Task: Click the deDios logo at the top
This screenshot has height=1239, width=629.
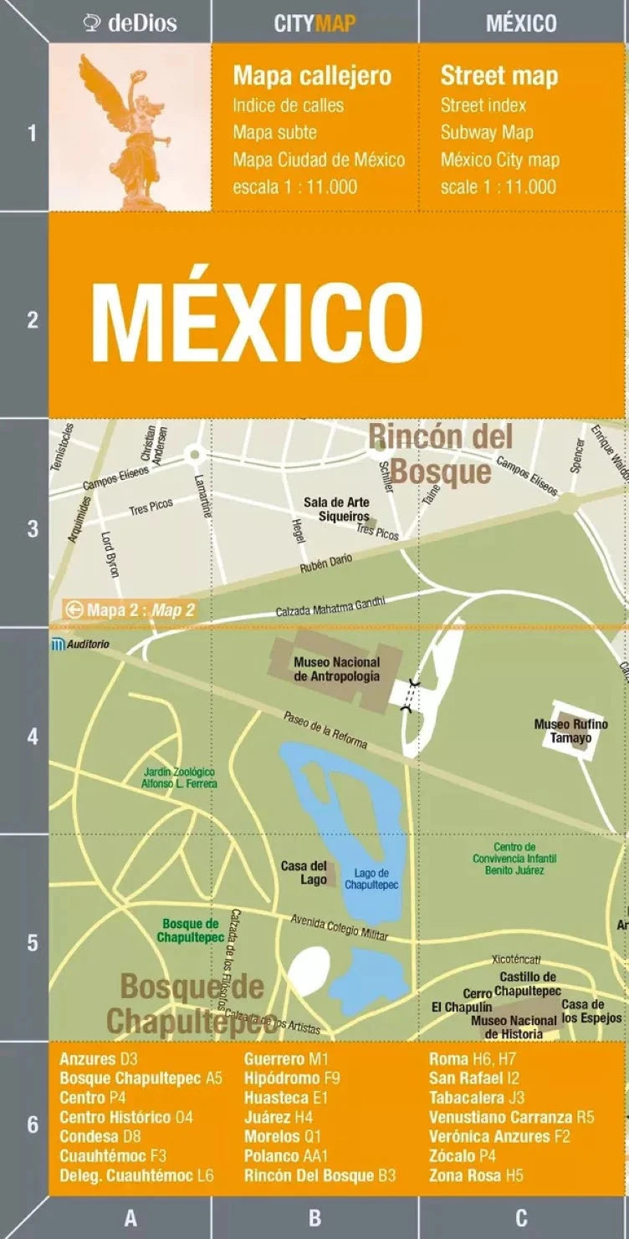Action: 130,23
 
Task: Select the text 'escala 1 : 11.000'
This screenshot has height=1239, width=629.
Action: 294,186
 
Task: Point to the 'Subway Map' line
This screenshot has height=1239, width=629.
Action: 487,132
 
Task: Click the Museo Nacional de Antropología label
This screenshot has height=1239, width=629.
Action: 336,669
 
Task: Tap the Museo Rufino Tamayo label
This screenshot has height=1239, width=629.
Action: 570,731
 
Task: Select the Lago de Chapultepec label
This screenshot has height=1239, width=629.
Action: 371,879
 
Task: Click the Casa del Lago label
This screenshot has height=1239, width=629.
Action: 304,872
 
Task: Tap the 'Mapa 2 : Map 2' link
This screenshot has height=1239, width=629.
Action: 131,610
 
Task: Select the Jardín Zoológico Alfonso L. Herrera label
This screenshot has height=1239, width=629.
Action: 179,778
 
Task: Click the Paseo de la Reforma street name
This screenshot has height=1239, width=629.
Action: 325,730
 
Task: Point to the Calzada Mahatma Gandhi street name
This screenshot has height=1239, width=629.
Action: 330,606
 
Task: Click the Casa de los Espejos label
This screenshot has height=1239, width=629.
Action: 591,1011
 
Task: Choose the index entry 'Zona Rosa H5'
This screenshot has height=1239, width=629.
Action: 476,1175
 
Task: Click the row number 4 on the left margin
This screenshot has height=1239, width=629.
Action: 33,737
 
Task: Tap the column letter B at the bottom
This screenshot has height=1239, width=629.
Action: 314,1219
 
